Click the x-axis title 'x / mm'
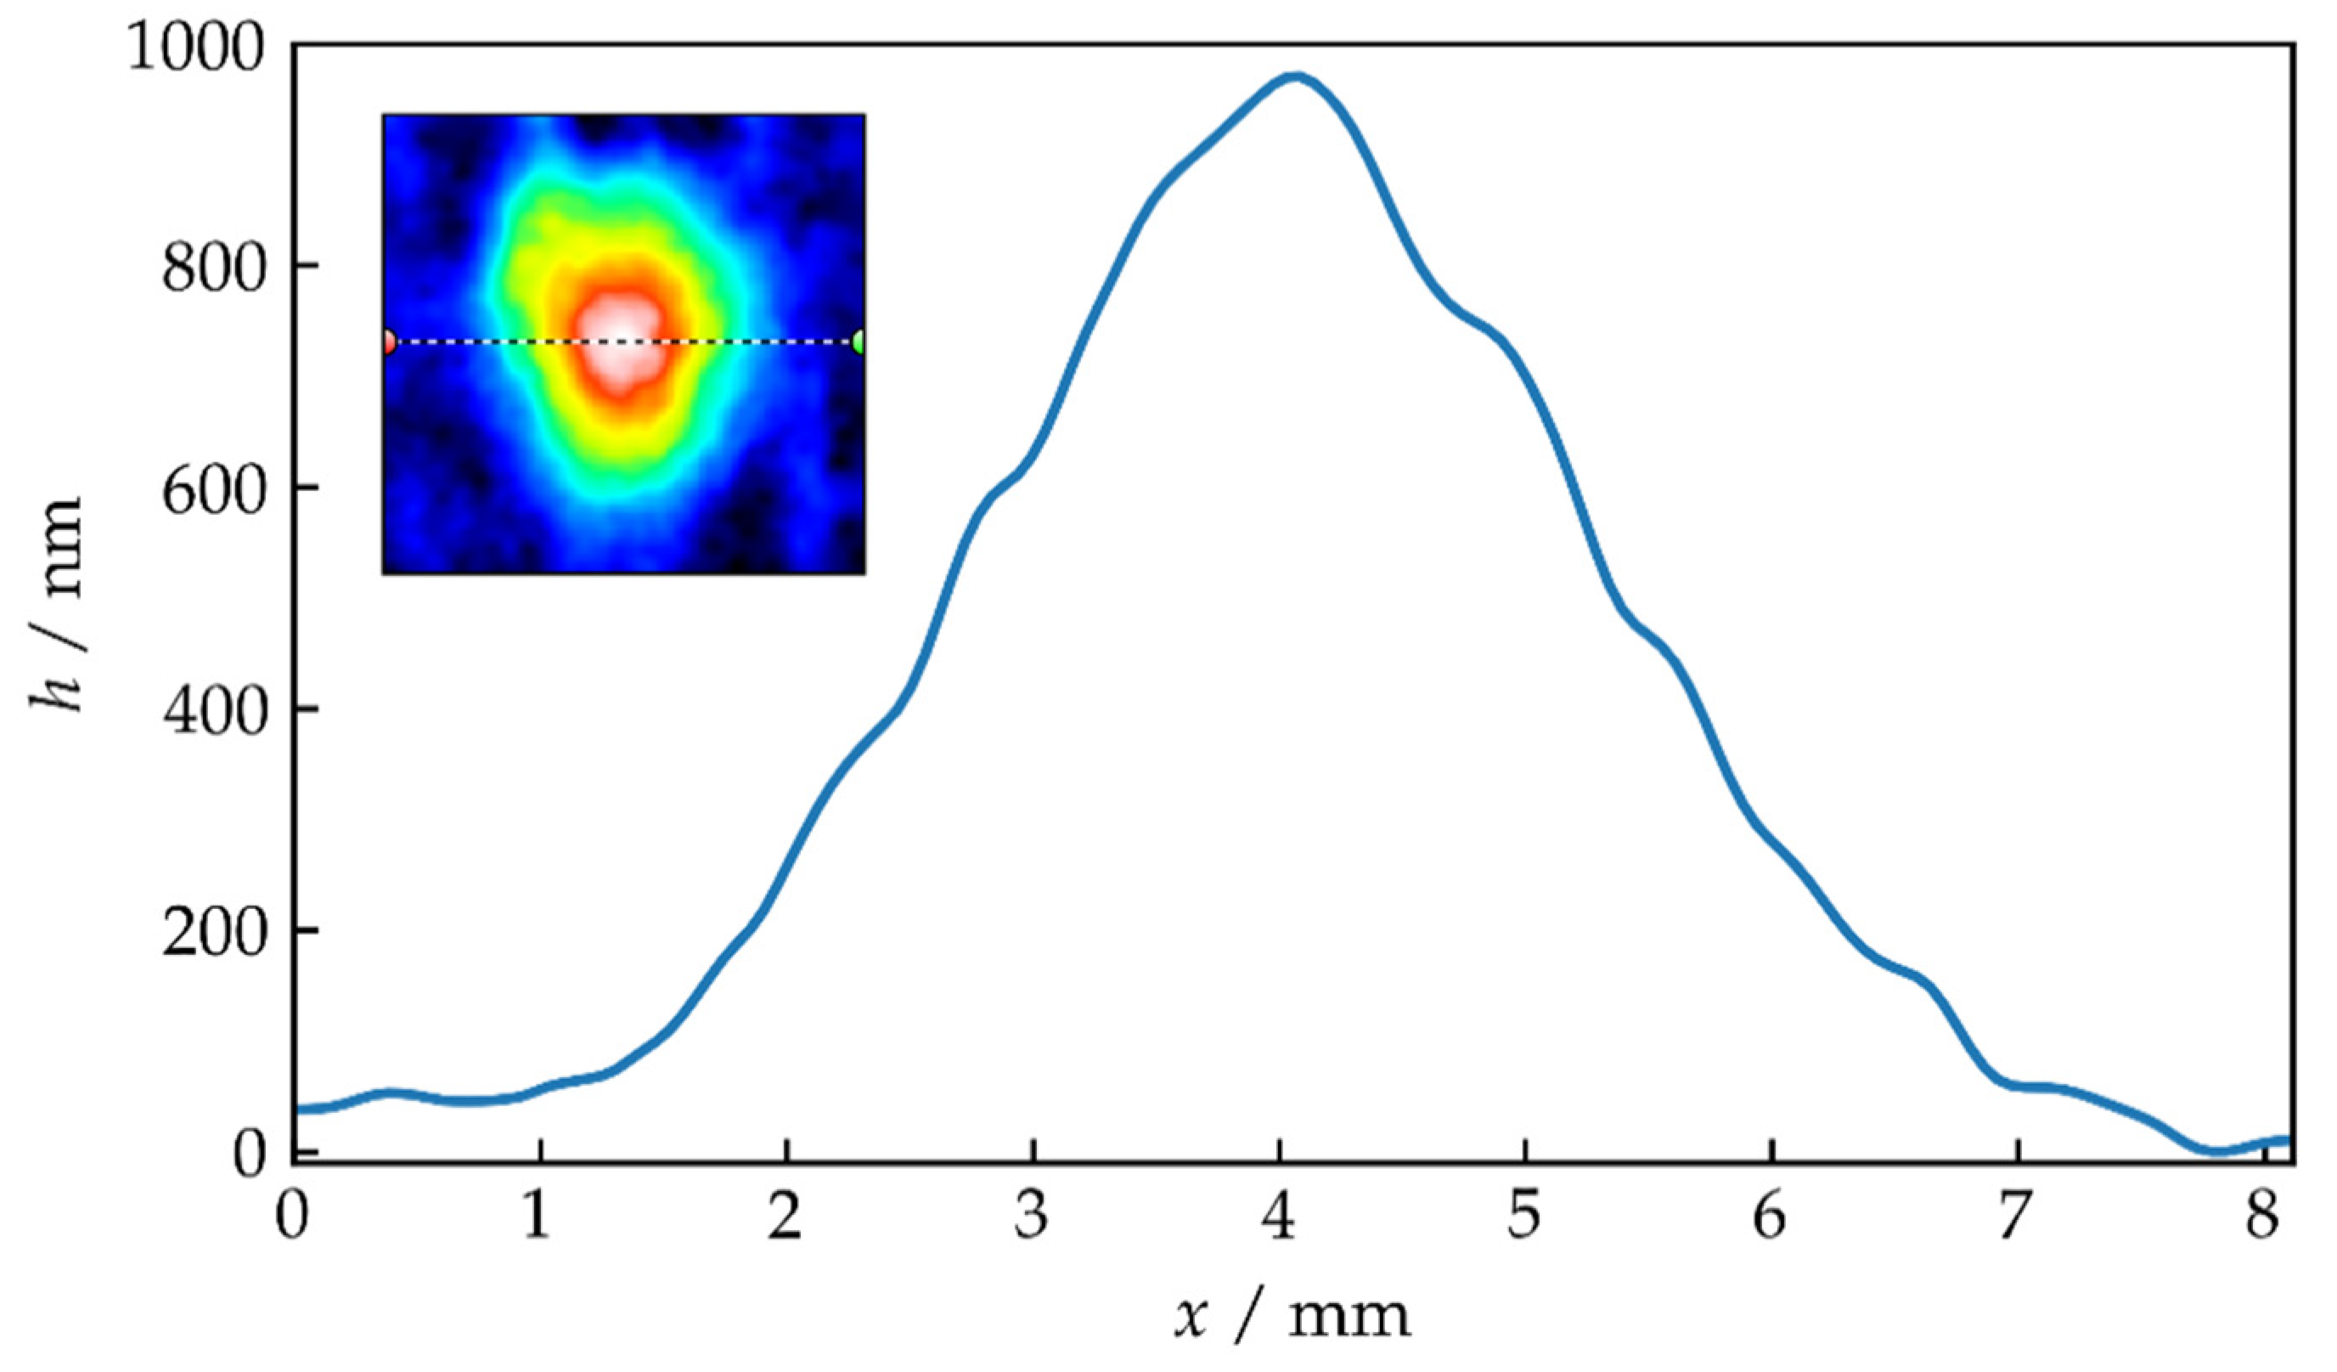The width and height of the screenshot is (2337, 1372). (x=1292, y=1318)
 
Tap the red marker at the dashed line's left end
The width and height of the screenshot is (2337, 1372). (x=389, y=342)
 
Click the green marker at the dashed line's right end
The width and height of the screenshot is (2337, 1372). (x=859, y=342)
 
